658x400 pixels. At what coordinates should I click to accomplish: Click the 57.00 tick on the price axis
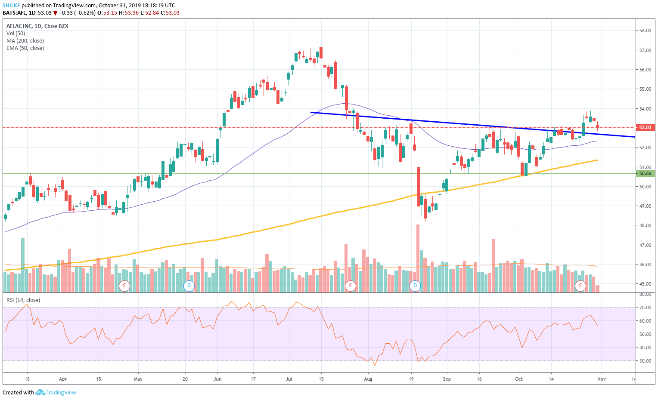click(x=645, y=50)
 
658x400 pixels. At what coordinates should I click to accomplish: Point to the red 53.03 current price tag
click(x=645, y=127)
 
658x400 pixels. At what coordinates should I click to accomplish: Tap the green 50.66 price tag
click(x=645, y=173)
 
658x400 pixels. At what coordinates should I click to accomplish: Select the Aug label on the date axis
click(x=368, y=379)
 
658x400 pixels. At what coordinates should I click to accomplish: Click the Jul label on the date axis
click(x=289, y=379)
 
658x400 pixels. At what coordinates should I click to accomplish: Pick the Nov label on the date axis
click(x=602, y=379)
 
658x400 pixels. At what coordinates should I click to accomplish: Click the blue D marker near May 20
click(x=189, y=285)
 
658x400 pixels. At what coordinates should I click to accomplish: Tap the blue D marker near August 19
click(x=415, y=285)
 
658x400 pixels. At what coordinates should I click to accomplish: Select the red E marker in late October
click(x=580, y=285)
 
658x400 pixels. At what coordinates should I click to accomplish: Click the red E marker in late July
click(x=351, y=285)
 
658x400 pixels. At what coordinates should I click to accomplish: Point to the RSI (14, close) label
click(x=23, y=300)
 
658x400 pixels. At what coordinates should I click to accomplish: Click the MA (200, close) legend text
click(x=25, y=41)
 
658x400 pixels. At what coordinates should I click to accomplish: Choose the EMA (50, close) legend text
click(x=25, y=48)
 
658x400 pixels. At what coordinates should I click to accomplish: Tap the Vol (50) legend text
click(x=16, y=34)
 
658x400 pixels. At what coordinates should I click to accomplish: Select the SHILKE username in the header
click(x=11, y=6)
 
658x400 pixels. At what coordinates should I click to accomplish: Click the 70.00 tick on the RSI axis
click(x=645, y=308)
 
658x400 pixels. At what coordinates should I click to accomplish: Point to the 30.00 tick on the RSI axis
click(x=645, y=361)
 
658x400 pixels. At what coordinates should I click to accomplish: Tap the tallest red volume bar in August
click(x=418, y=258)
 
